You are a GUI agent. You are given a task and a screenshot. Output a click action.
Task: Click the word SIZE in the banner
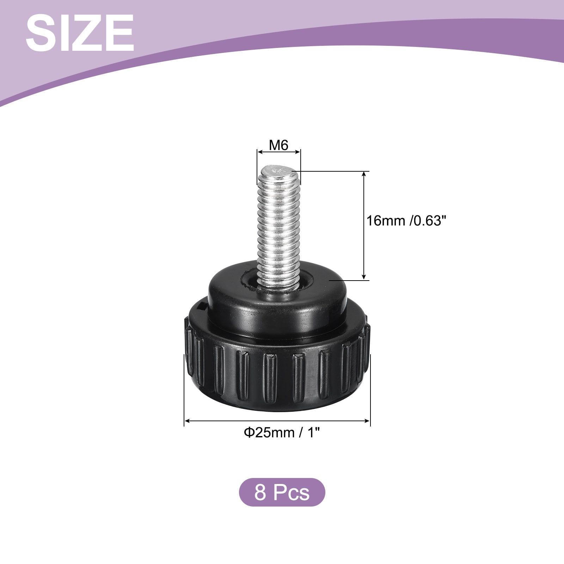(80, 34)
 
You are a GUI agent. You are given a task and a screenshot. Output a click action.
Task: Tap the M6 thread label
(279, 145)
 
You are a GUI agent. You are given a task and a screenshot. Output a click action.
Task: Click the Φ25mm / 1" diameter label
(282, 433)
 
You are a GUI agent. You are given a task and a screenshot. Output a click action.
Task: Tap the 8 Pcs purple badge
(282, 492)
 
